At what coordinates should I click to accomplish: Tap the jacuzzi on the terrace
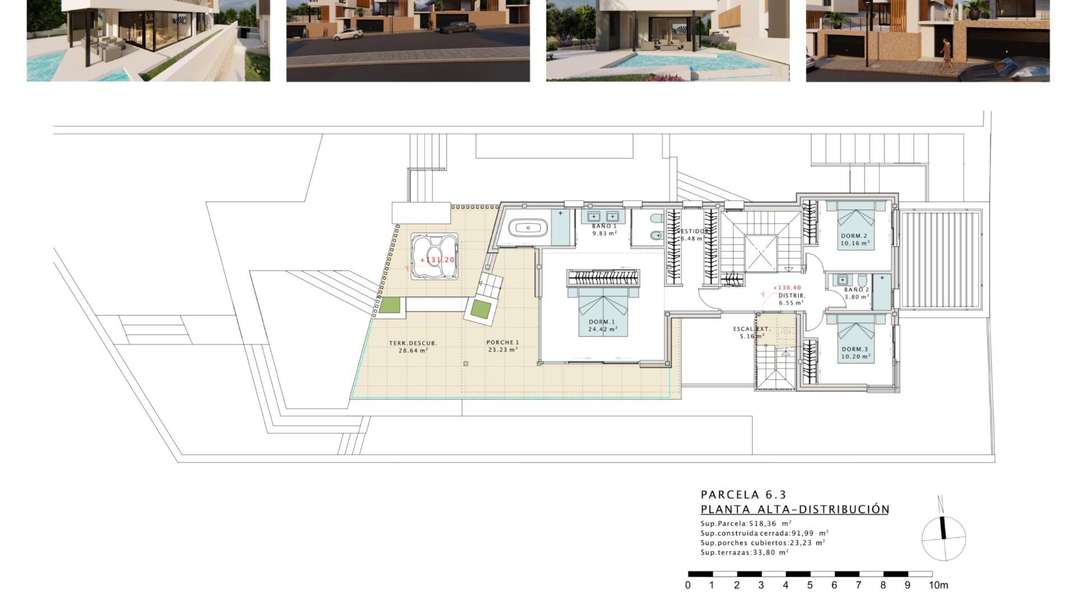(434, 257)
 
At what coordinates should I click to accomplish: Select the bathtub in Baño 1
(527, 228)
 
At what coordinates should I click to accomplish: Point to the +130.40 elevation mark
(787, 287)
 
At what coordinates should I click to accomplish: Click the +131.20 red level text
(437, 260)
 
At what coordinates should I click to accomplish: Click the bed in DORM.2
(856, 224)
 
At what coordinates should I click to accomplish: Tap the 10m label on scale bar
(938, 585)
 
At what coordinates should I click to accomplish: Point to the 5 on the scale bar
(810, 585)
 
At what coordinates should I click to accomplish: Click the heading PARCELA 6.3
(743, 495)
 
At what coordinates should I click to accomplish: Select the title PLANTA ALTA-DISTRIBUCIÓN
(795, 509)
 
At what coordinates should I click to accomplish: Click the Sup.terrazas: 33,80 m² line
(744, 552)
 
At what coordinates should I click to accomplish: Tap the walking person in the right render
(947, 55)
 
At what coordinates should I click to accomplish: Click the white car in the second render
(348, 34)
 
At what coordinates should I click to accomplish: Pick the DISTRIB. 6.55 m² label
(791, 299)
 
